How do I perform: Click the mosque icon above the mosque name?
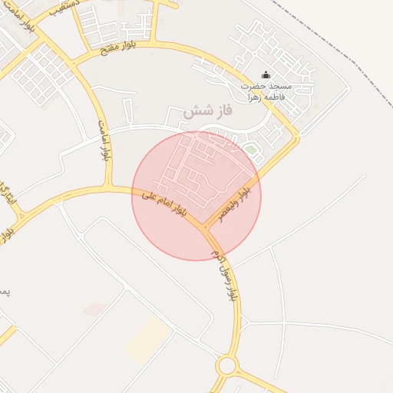[266, 74]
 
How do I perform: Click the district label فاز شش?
[208, 112]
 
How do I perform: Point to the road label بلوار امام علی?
[163, 204]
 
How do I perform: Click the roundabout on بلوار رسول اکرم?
[226, 365]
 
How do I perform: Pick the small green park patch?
[250, 149]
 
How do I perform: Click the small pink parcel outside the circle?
[95, 309]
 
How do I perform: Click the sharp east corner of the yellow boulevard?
[298, 138]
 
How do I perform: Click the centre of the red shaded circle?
[196, 196]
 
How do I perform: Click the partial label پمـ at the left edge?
[4, 292]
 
